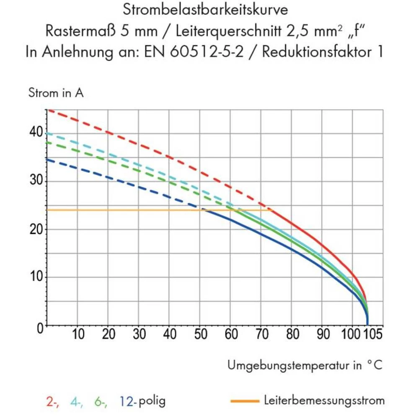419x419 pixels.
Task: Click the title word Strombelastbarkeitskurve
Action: coord(205,10)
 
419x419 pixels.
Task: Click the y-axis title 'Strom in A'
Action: coord(56,93)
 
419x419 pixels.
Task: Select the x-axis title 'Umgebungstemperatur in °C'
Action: coord(305,365)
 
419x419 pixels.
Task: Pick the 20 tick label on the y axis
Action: coord(36,229)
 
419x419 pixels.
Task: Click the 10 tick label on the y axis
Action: coord(36,277)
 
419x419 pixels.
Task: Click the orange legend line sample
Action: coord(245,401)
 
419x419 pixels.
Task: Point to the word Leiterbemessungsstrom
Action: coord(324,401)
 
